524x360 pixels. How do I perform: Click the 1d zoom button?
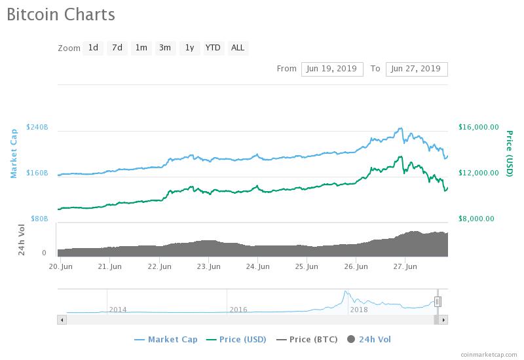[x=93, y=48]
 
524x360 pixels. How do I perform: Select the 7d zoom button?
[x=117, y=48]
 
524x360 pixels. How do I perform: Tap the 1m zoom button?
[x=141, y=48]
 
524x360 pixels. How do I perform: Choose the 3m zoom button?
[x=165, y=48]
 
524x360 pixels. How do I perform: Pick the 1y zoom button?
[x=189, y=48]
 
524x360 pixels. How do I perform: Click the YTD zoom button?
[x=213, y=48]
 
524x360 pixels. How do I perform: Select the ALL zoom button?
[x=238, y=48]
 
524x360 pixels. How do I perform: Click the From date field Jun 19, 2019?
[x=332, y=69]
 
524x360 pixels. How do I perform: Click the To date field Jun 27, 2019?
[x=417, y=69]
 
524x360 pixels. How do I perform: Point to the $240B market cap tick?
[x=37, y=127]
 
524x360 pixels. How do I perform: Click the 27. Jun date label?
[x=406, y=266]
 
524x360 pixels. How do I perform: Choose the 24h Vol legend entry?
[x=369, y=339]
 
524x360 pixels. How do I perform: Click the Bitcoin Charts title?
[x=61, y=14]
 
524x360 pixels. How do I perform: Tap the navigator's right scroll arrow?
[x=443, y=319]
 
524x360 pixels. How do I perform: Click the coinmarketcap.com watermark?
[x=488, y=353]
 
